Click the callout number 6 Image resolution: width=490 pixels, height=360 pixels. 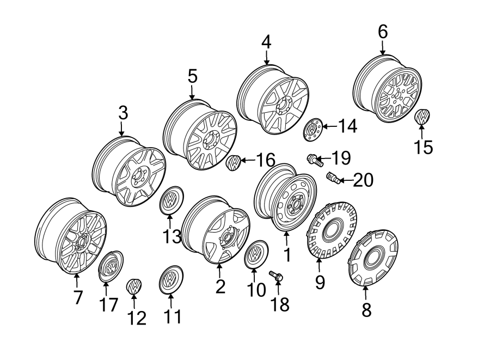pos(383,32)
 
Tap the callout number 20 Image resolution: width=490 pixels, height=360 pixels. pos(363,180)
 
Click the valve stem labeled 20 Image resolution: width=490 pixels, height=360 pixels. pos(333,178)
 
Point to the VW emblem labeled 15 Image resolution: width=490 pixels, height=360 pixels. pos(422,117)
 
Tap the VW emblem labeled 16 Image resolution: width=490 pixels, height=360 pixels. pos(232,162)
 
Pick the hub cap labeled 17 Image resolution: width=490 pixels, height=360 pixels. pos(111,266)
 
